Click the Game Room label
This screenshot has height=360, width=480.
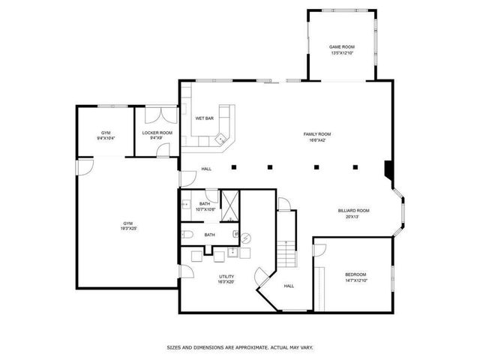point(342,46)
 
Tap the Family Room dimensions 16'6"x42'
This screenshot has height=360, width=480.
point(316,140)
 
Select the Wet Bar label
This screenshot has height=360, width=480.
point(204,118)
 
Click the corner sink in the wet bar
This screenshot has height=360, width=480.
point(221,138)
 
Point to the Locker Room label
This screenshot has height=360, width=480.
point(157,133)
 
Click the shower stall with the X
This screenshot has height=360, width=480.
point(231,202)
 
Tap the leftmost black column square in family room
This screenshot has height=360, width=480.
point(234,166)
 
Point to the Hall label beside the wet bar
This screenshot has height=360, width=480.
point(206,169)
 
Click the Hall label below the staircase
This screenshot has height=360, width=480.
point(288,286)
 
